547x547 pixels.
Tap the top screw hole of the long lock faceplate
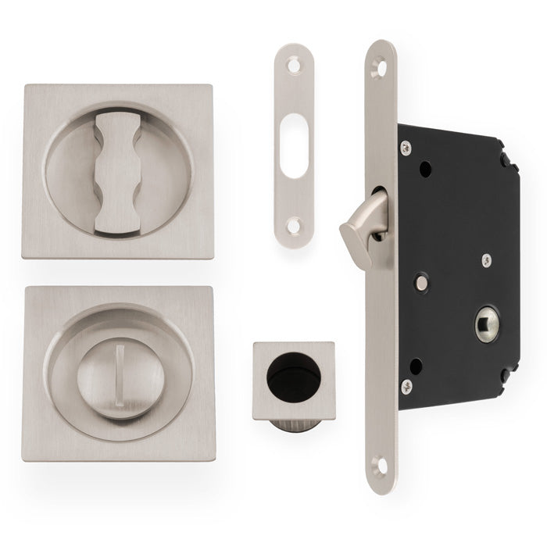pyautogui.click(x=381, y=68)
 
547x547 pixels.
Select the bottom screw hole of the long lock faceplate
pyautogui.click(x=381, y=466)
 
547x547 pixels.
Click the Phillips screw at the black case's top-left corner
pyautogui.click(x=406, y=147)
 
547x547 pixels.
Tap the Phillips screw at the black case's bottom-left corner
pyautogui.click(x=406, y=385)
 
